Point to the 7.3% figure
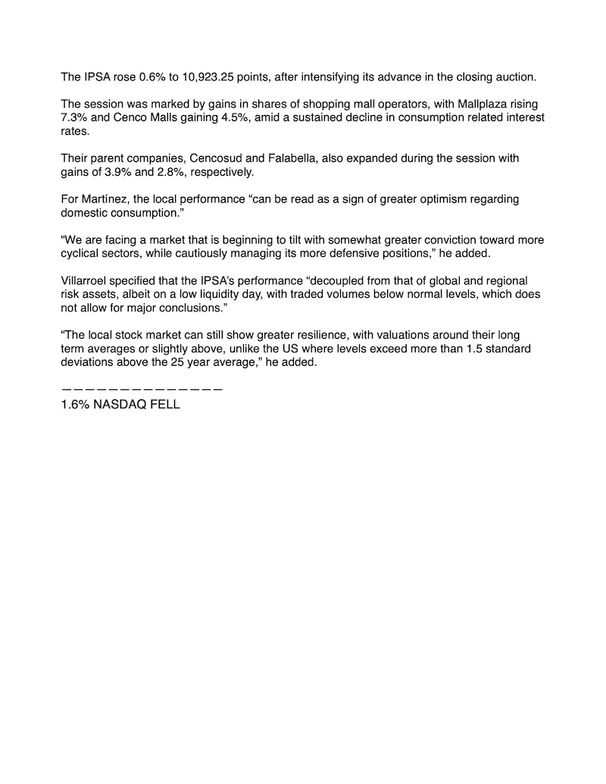coord(74,117)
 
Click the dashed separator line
coord(142,389)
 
